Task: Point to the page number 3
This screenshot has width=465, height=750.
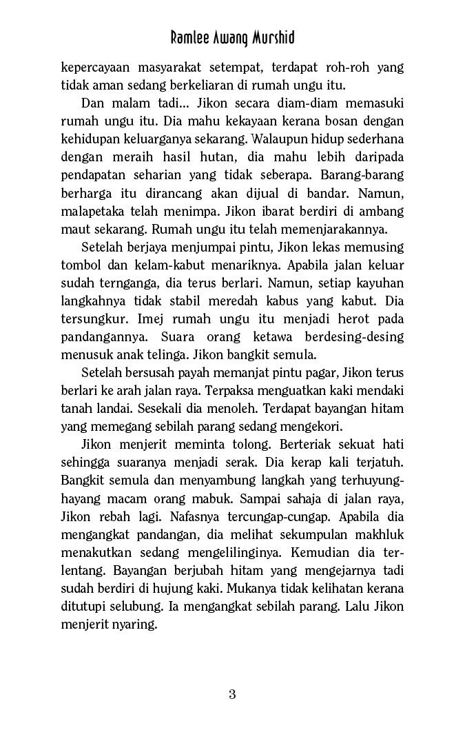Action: coord(232,694)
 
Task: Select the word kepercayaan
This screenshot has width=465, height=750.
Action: coord(95,68)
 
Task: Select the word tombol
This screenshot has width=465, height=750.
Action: coord(80,265)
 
